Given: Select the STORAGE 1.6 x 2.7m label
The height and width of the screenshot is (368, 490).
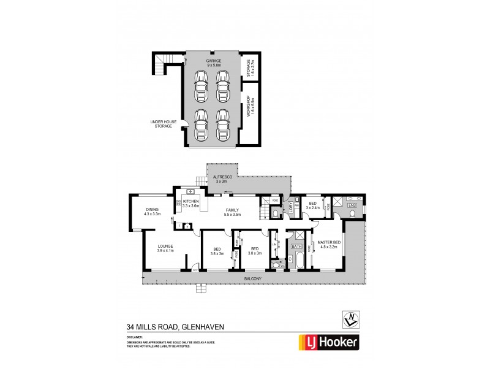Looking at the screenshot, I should (249, 66).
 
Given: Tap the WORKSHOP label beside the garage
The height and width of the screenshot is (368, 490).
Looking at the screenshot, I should (249, 107).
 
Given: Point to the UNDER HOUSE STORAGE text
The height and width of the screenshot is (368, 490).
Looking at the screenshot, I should (164, 124).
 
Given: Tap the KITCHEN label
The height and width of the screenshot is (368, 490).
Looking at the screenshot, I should (191, 203).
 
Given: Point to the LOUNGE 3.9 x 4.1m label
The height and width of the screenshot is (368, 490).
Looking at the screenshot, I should (165, 248).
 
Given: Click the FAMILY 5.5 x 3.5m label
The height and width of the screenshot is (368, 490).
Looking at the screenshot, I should (232, 212).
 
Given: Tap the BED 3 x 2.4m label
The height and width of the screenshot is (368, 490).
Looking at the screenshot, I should (312, 205).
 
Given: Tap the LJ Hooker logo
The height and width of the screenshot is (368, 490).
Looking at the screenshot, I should (328, 340).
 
